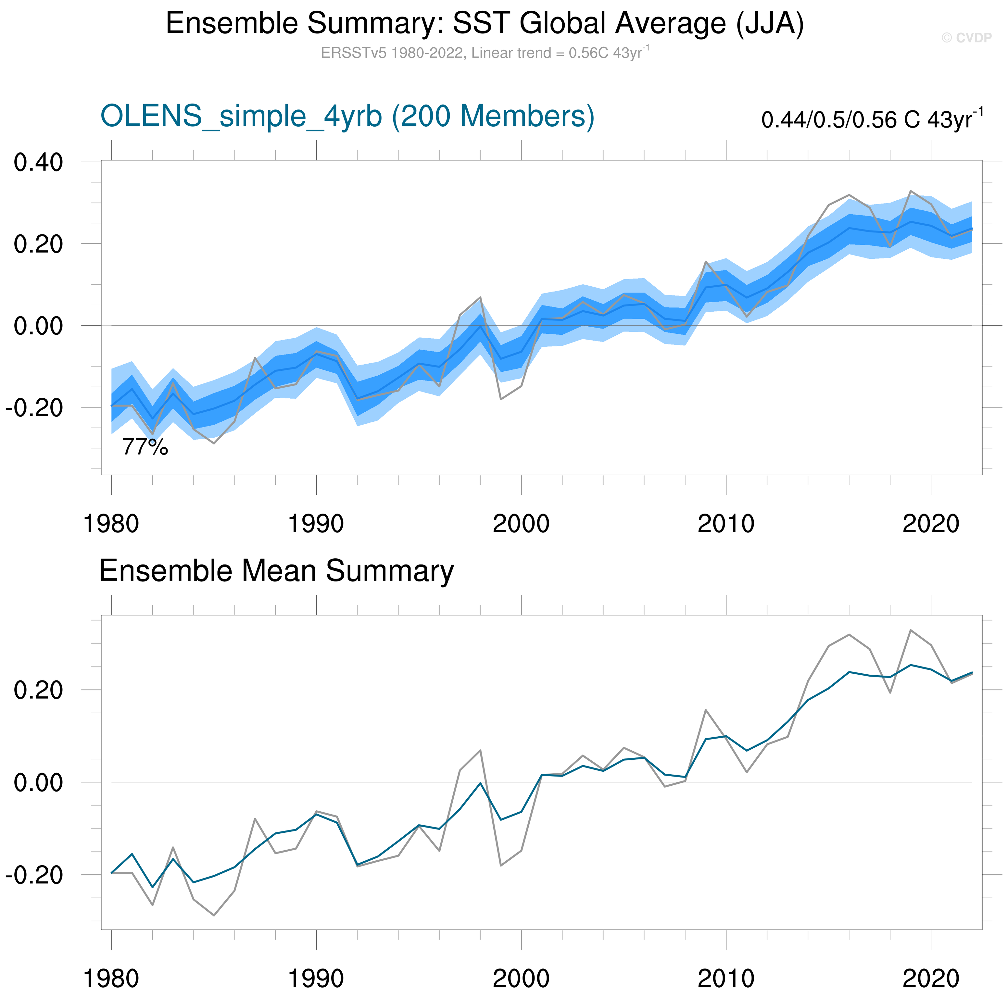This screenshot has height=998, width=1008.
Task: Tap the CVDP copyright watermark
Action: click(966, 38)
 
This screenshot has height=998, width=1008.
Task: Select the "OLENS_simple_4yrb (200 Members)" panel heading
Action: click(347, 116)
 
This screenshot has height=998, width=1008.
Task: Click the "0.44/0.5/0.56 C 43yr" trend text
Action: click(871, 119)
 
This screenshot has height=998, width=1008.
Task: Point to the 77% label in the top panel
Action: click(145, 447)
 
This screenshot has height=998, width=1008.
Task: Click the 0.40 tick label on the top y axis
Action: click(38, 163)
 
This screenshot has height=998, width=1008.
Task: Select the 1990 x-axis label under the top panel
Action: click(316, 524)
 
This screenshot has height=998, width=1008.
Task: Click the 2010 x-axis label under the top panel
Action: click(726, 524)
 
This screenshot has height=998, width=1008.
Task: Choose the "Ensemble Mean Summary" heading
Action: click(277, 571)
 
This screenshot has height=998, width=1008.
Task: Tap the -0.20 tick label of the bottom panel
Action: click(34, 875)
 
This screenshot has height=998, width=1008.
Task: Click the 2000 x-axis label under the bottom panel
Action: click(521, 979)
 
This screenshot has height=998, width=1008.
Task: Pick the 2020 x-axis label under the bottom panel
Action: click(931, 979)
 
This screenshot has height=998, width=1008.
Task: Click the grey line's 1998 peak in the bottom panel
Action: click(480, 750)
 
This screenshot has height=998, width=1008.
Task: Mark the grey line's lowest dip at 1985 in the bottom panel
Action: click(214, 916)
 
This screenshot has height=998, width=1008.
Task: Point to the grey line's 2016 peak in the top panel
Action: click(849, 194)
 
